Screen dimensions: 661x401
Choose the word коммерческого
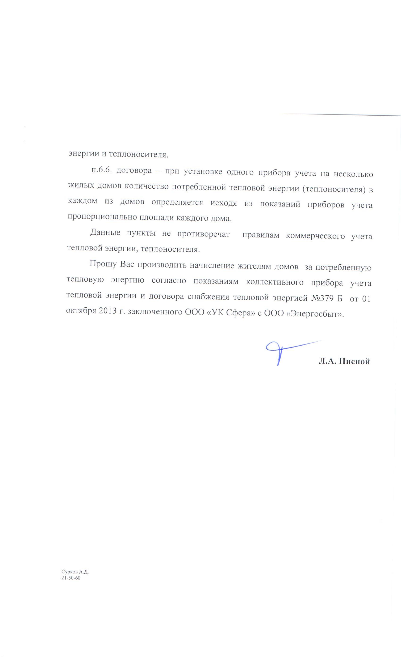[x=315, y=236]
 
